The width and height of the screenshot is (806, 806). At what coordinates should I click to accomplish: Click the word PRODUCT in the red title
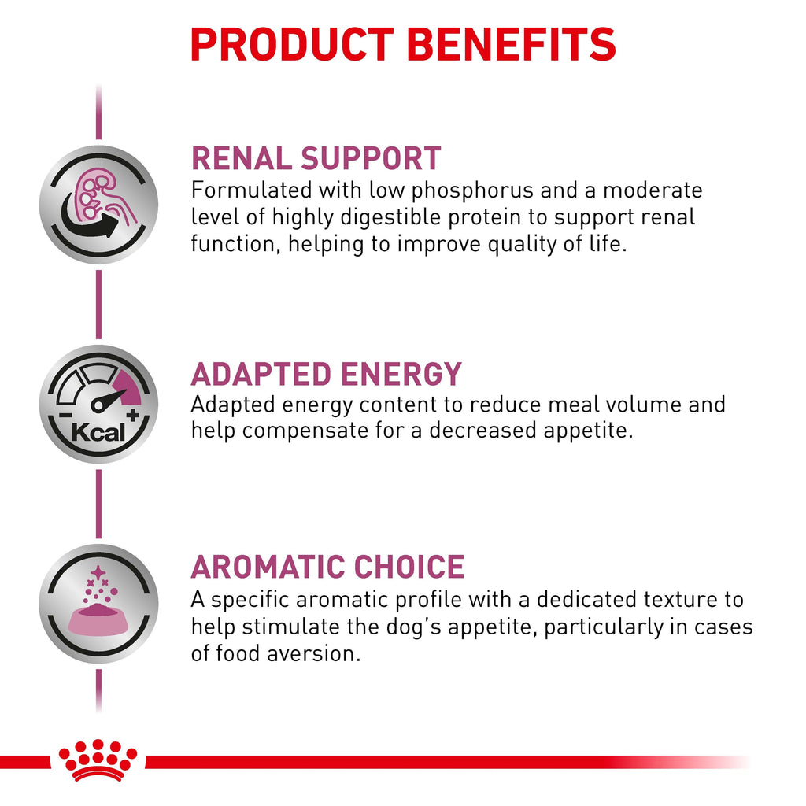(x=292, y=45)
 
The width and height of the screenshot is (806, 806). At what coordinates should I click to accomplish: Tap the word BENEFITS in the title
(x=512, y=45)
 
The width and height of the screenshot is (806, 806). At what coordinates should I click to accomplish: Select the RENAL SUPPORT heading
(x=316, y=157)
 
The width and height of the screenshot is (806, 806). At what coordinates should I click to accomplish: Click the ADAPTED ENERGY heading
(x=327, y=374)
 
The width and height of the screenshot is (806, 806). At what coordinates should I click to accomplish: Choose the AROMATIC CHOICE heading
(x=328, y=567)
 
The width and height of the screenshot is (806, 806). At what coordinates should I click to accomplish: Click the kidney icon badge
(x=98, y=205)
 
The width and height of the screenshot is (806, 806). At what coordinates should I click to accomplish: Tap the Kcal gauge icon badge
(x=98, y=404)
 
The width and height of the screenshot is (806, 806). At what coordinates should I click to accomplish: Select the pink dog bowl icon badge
(x=98, y=604)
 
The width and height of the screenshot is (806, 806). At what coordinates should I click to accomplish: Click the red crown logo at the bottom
(x=98, y=760)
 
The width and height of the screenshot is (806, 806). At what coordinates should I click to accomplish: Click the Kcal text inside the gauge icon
(x=98, y=432)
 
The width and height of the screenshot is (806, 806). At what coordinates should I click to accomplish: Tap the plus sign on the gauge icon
(x=133, y=415)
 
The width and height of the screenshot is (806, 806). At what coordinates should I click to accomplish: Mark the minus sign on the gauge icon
(x=65, y=415)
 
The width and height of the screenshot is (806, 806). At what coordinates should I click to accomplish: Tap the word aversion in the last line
(x=313, y=654)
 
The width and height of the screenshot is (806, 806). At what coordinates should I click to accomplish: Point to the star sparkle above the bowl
(x=98, y=572)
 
